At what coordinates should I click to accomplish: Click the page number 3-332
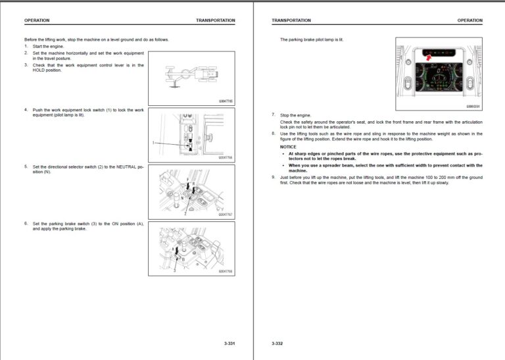click(277, 344)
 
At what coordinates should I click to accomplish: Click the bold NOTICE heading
click(288, 147)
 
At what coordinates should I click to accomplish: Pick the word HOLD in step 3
click(38, 70)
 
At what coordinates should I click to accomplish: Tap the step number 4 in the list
click(26, 109)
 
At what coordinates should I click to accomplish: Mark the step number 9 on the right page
click(273, 177)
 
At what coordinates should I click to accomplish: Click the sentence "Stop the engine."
click(296, 115)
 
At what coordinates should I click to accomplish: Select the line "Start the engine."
click(48, 46)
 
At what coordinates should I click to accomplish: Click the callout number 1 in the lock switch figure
click(153, 142)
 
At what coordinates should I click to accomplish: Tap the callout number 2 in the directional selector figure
click(186, 214)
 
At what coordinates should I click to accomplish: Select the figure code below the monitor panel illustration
click(473, 105)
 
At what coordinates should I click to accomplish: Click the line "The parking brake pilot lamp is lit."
click(311, 39)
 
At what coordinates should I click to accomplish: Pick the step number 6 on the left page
click(26, 223)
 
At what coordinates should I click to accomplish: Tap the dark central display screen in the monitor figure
click(438, 80)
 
